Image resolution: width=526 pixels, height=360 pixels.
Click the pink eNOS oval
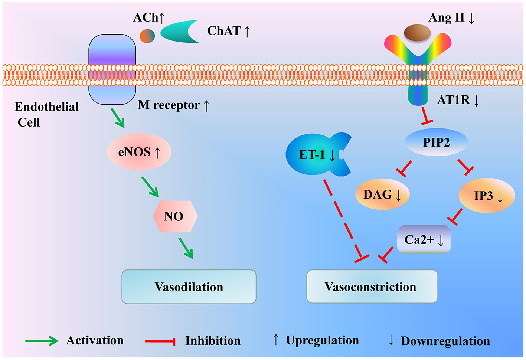point(139,152)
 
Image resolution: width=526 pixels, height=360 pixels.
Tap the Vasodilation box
point(189,287)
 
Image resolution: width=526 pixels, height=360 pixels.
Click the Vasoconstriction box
point(372,287)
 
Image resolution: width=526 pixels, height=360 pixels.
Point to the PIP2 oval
point(436,142)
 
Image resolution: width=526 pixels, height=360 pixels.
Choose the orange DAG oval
point(382,194)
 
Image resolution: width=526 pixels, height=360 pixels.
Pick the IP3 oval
point(487,196)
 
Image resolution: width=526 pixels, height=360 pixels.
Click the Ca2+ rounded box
point(424,240)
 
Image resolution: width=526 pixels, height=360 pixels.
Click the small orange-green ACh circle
point(147,36)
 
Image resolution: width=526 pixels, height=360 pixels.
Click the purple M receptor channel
point(112,69)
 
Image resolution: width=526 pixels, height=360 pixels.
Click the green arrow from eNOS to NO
point(150,187)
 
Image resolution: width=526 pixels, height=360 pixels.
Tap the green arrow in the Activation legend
point(42,341)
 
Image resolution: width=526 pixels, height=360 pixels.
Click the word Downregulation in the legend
point(445,341)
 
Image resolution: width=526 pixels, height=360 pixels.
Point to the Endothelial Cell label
point(46,114)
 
